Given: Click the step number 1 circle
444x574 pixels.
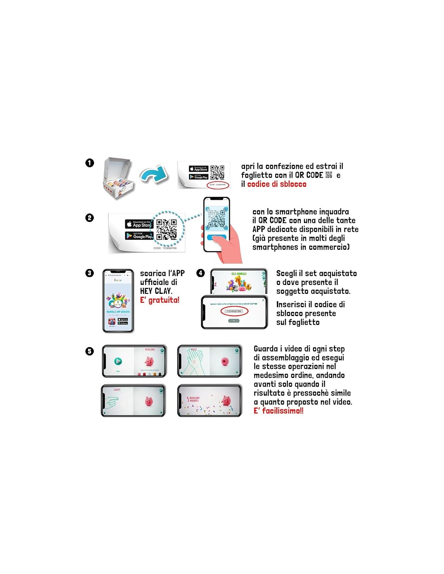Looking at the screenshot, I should pos(90,163).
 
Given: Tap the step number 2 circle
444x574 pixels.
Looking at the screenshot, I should pos(90,218).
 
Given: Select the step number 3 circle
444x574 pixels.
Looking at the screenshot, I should pos(90,273).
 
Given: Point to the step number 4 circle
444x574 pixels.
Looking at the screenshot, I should pos(201,273).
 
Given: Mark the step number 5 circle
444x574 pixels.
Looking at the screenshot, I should pos(90,351).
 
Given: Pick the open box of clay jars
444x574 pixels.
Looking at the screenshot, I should pos(117,178).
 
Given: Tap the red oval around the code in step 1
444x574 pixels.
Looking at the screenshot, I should pos(218,185).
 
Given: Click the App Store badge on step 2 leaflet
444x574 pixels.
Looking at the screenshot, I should pos(138,224).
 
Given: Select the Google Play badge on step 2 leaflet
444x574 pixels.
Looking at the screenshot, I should pos(139,235).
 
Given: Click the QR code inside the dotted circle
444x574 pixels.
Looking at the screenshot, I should pos(167,229).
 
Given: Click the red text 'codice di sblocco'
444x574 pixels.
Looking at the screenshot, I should pos(276,184).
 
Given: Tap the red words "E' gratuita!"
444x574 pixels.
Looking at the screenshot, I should pos(159,300).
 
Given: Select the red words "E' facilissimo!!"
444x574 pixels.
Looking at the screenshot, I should pos(279,411).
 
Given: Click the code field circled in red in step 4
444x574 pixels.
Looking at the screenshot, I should pos(234,311).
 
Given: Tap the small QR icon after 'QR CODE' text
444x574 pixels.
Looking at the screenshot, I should pos(329,175).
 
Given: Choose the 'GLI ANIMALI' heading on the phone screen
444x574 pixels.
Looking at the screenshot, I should pos(239,274).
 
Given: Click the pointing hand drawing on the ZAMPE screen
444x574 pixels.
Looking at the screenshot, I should pos(112,401).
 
